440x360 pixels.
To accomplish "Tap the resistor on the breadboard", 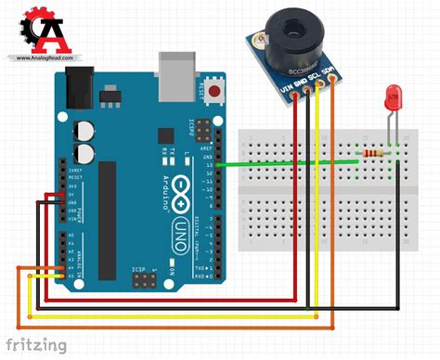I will [375, 154].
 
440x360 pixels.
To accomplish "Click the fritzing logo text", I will [37, 344].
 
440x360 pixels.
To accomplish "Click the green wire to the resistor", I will [288, 163].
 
